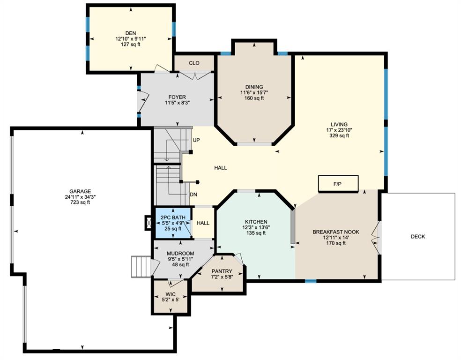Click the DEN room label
[131, 33]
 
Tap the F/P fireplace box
[338, 184]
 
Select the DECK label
[418, 236]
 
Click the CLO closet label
[194, 63]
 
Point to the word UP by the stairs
[196, 140]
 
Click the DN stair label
[193, 195]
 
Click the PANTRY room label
[222, 271]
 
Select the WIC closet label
[171, 294]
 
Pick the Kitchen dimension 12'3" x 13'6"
[256, 227]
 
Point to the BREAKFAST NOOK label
[336, 232]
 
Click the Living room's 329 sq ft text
[339, 135]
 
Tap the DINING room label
[254, 87]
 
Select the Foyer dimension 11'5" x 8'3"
[177, 103]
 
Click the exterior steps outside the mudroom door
[141, 266]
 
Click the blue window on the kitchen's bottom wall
[311, 281]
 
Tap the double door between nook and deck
[376, 238]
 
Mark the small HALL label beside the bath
[203, 223]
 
